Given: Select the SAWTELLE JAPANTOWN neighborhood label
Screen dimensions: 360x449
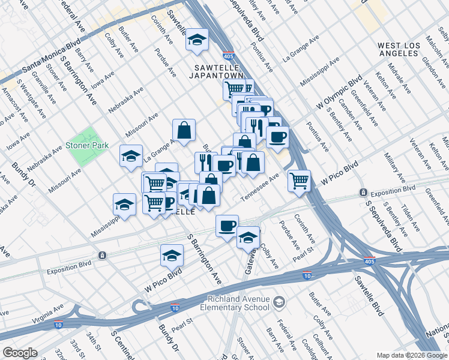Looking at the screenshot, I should point(218,71).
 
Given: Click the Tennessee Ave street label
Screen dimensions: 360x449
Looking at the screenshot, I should point(261,187).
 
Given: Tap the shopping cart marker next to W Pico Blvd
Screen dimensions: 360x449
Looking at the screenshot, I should point(299,179).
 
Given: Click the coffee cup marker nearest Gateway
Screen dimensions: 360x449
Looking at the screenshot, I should point(227,226).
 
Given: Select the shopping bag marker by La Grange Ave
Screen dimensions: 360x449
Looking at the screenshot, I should point(184,130).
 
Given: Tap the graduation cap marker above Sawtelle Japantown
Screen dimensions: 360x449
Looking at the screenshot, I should point(196,40).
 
